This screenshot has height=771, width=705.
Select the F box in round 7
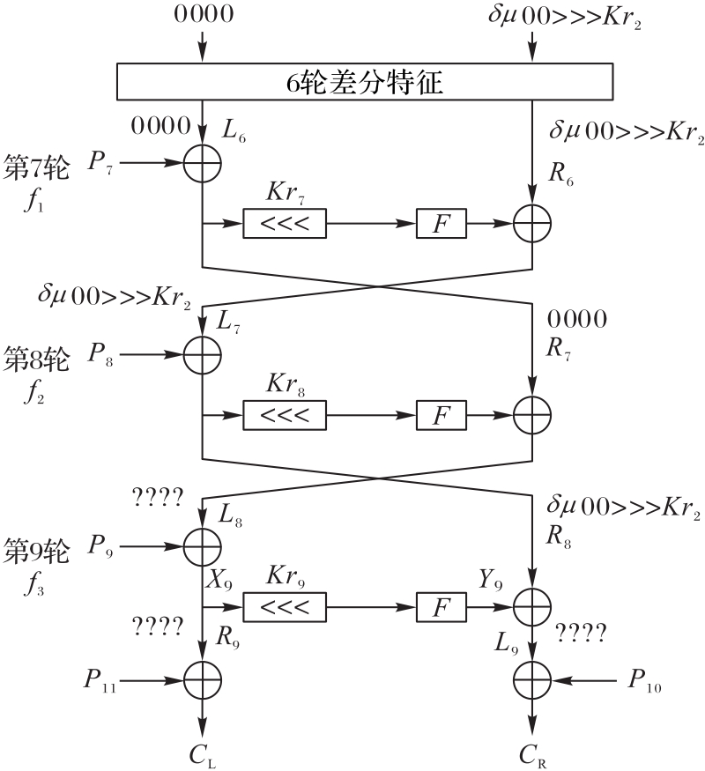pos(441,224)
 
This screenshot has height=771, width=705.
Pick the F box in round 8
pos(441,413)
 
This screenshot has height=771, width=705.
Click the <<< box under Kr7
pos(284,224)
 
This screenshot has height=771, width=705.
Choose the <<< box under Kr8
pos(284,413)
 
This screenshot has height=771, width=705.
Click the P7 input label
pos(100,163)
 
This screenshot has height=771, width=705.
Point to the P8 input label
pos(100,354)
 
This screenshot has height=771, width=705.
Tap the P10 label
pos(646,679)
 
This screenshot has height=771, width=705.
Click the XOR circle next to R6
pos(533,224)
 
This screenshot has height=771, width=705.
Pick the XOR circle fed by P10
pos(533,679)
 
